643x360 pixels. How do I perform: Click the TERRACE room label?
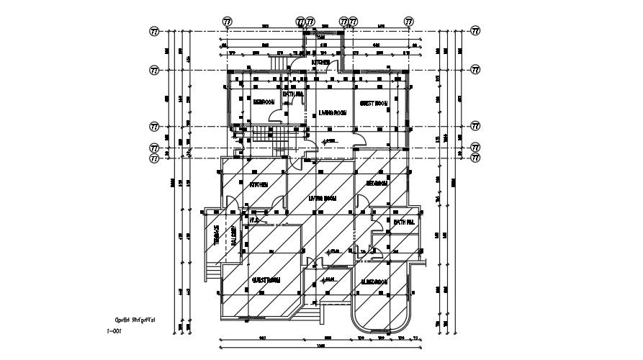tap(215, 235)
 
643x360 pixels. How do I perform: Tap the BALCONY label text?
tap(234, 235)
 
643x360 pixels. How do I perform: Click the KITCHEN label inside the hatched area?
tap(258, 185)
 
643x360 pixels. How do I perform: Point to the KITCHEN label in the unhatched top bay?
tap(320, 63)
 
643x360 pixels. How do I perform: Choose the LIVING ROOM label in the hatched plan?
tap(323, 198)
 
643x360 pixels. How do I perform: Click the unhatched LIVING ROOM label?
tap(333, 113)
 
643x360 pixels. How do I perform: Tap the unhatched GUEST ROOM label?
tap(374, 104)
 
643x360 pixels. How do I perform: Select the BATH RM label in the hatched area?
tap(404, 222)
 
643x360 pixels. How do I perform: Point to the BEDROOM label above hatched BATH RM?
tap(377, 184)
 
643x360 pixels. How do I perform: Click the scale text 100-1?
tap(113, 332)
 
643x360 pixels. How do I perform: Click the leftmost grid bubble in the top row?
tap(229, 22)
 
